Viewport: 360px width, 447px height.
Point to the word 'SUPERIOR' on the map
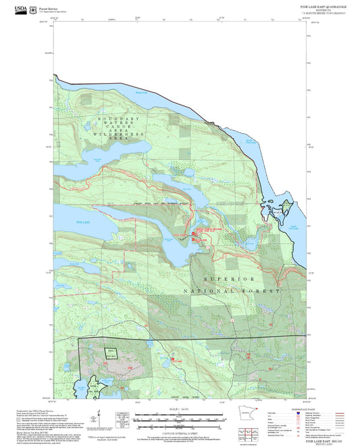[230, 279]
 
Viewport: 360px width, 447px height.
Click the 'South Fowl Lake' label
[294, 227]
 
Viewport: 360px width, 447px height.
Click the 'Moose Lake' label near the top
[141, 92]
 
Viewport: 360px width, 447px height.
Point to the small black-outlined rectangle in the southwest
[109, 352]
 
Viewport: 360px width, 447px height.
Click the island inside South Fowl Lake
[277, 215]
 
